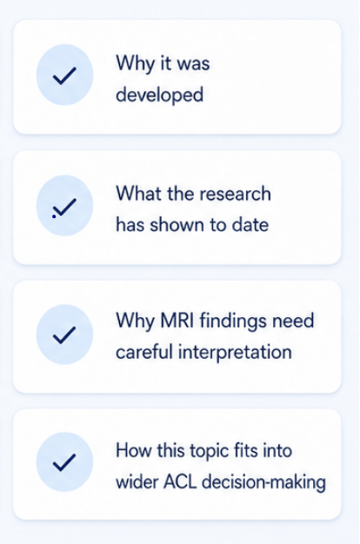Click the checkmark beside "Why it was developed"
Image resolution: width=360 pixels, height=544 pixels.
pyautogui.click(x=64, y=76)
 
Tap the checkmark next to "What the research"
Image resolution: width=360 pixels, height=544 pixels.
pyautogui.click(x=64, y=208)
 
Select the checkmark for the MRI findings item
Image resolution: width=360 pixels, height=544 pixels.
pyautogui.click(x=64, y=335)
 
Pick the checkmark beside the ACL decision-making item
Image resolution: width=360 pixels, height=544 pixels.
pyautogui.click(x=64, y=463)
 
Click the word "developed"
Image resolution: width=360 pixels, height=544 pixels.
pyautogui.click(x=159, y=95)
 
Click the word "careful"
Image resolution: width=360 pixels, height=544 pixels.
pyautogui.click(x=144, y=352)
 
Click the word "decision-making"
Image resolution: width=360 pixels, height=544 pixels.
pyautogui.click(x=263, y=483)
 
